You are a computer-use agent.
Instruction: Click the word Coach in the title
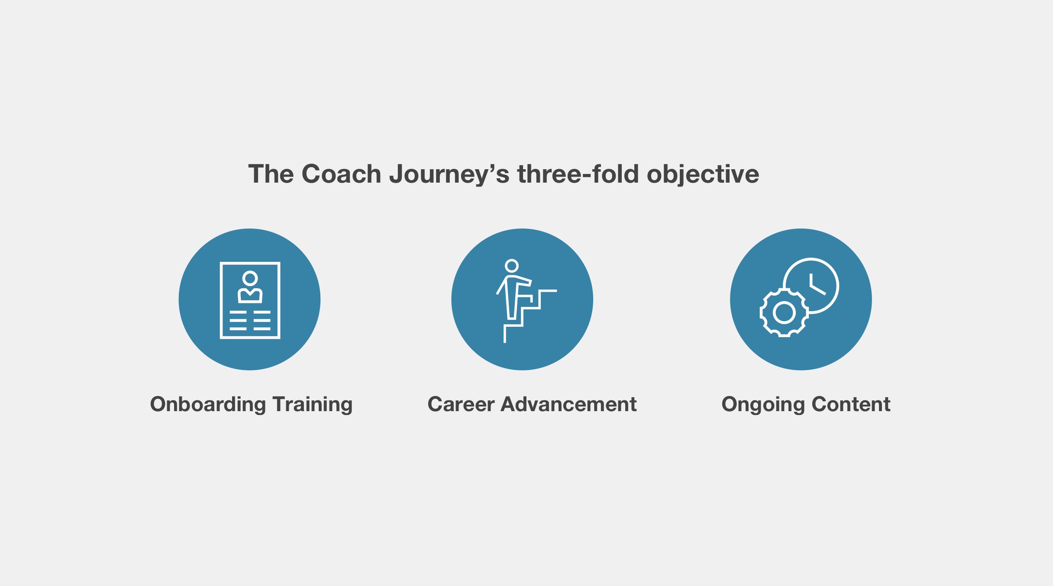point(341,174)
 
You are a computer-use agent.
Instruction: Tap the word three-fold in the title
point(578,174)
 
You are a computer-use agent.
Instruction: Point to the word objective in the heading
point(703,174)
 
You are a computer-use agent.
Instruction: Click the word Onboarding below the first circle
point(208,405)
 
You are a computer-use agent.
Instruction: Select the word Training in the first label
point(313,405)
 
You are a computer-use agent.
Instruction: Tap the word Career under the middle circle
point(461,404)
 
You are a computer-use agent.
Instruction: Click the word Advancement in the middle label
point(568,404)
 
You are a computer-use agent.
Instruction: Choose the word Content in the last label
point(851,404)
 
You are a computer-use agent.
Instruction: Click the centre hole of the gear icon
point(784,312)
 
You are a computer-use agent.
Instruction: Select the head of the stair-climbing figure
point(512,266)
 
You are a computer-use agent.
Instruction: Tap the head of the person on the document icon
point(250,278)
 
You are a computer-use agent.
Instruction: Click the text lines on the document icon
point(250,320)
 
